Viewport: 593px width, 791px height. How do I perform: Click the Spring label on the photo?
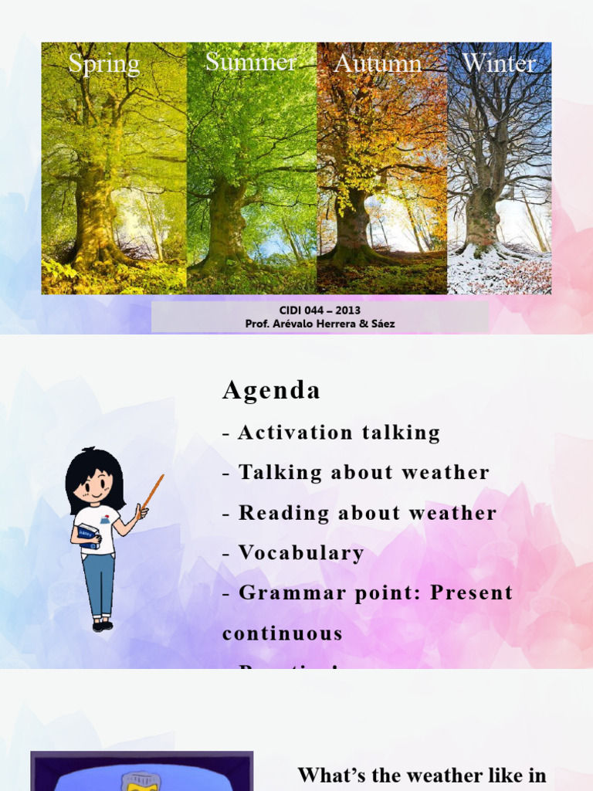[x=103, y=64]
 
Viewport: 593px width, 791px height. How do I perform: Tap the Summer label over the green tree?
[x=251, y=62]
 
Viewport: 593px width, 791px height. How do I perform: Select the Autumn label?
[x=378, y=64]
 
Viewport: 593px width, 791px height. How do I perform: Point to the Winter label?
[x=499, y=64]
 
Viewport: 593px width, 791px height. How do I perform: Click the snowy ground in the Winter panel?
[x=494, y=274]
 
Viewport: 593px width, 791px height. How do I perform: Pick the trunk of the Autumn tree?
[x=354, y=224]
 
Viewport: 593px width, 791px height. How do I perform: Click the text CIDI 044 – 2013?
[x=320, y=311]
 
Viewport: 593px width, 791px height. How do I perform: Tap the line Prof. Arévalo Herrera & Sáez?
[x=320, y=324]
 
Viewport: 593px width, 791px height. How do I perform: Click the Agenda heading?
[x=271, y=391]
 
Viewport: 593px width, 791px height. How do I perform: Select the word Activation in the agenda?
[x=284, y=433]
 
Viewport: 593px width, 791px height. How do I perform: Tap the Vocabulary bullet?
[x=300, y=553]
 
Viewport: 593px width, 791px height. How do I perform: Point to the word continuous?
[x=283, y=633]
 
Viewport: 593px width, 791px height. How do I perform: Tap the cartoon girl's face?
[x=97, y=485]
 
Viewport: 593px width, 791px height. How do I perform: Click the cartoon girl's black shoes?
[x=102, y=626]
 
